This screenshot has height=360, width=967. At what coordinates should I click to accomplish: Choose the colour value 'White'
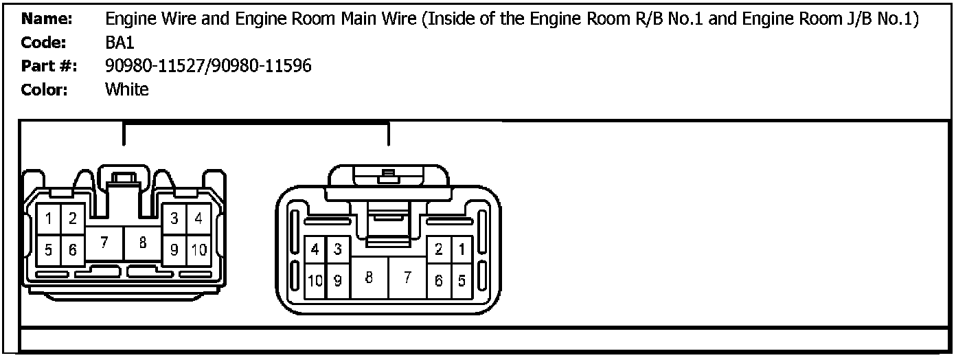[126, 89]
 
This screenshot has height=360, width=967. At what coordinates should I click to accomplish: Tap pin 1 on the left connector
[49, 220]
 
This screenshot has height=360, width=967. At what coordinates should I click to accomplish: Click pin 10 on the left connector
[199, 250]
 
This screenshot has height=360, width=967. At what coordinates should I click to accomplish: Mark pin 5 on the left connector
[49, 250]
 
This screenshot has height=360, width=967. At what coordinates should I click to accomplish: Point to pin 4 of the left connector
[199, 220]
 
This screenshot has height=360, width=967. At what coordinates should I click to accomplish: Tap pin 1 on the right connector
[462, 250]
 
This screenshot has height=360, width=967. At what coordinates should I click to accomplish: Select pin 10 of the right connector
[315, 280]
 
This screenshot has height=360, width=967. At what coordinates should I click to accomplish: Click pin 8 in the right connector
[369, 278]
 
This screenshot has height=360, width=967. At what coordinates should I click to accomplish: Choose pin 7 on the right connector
[407, 278]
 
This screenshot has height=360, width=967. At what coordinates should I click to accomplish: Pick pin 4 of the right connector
[315, 250]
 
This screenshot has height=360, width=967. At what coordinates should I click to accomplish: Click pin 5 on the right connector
[462, 280]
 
